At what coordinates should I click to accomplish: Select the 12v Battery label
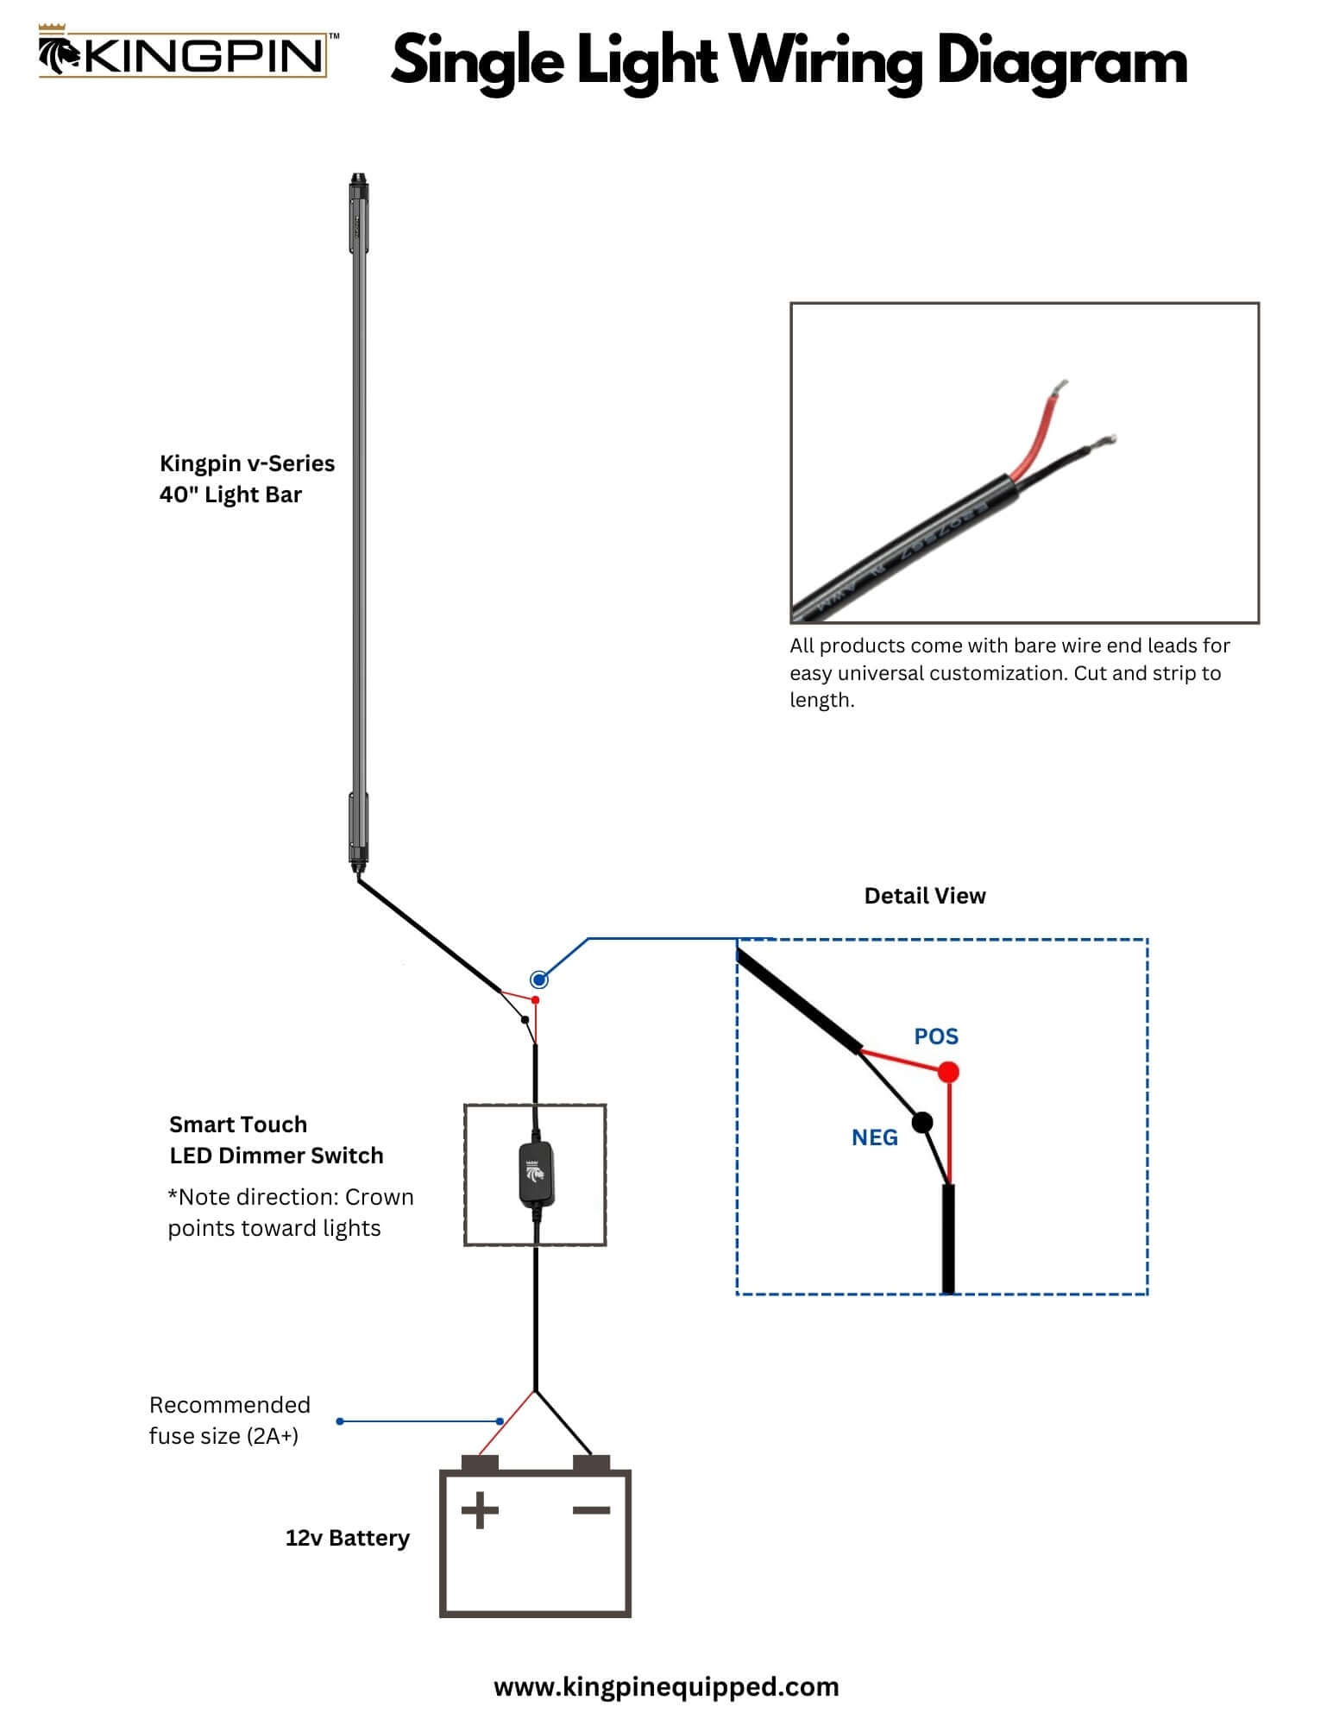pos(347,1538)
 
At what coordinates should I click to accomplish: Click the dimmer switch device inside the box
pos(535,1172)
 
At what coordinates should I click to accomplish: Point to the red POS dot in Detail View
pos(948,1073)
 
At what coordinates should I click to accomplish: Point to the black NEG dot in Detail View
pos(922,1123)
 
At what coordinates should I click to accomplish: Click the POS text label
pos(936,1036)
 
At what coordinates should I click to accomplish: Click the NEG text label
pos(874,1137)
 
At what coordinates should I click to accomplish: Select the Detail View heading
pos(924,896)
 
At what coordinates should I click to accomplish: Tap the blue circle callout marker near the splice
pos(539,980)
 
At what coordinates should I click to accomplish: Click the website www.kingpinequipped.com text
pos(666,1687)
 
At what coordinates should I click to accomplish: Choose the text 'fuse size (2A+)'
pos(223,1436)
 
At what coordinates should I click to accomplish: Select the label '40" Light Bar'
pos(230,494)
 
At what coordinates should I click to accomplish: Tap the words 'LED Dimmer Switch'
pos(276,1156)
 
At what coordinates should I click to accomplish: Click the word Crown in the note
pos(379,1197)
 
